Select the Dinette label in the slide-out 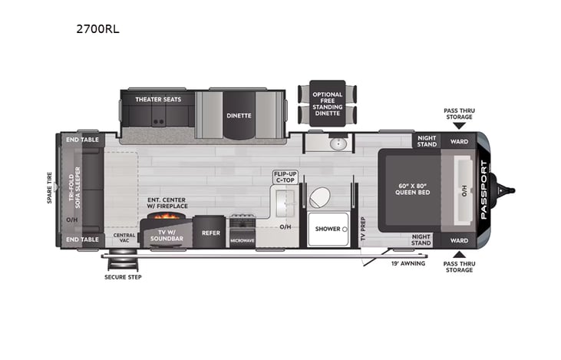238,116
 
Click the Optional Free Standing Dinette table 327,104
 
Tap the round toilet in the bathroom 319,197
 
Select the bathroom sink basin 338,144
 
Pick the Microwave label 242,241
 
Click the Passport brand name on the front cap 483,190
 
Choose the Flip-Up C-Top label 285,177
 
